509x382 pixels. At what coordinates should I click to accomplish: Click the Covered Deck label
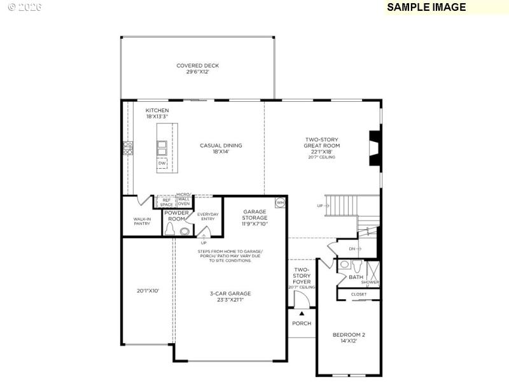coord(198,69)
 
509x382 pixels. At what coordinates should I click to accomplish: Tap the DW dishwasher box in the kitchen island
coord(162,164)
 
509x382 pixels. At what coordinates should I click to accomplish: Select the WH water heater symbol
coord(279,202)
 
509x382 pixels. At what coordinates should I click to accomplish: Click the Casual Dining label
coord(221,148)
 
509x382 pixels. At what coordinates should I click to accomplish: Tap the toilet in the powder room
coord(185,231)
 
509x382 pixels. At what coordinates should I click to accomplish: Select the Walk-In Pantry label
coord(142,221)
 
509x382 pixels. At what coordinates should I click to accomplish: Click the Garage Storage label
coord(254,218)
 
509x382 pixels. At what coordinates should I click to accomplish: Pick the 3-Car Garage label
coord(230,296)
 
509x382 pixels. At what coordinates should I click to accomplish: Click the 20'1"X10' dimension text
coord(147,290)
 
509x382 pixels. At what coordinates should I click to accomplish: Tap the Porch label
coord(302,323)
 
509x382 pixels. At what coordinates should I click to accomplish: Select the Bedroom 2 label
coord(349,337)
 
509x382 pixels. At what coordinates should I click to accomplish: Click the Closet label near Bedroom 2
coord(359,294)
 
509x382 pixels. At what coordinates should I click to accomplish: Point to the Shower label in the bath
coord(370,282)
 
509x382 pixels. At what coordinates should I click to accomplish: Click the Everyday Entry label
coord(208,216)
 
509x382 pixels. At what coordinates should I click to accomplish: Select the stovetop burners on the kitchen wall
coord(128,148)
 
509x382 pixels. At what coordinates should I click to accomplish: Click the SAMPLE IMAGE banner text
coord(426,8)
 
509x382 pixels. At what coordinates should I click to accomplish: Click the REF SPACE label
coord(167,202)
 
